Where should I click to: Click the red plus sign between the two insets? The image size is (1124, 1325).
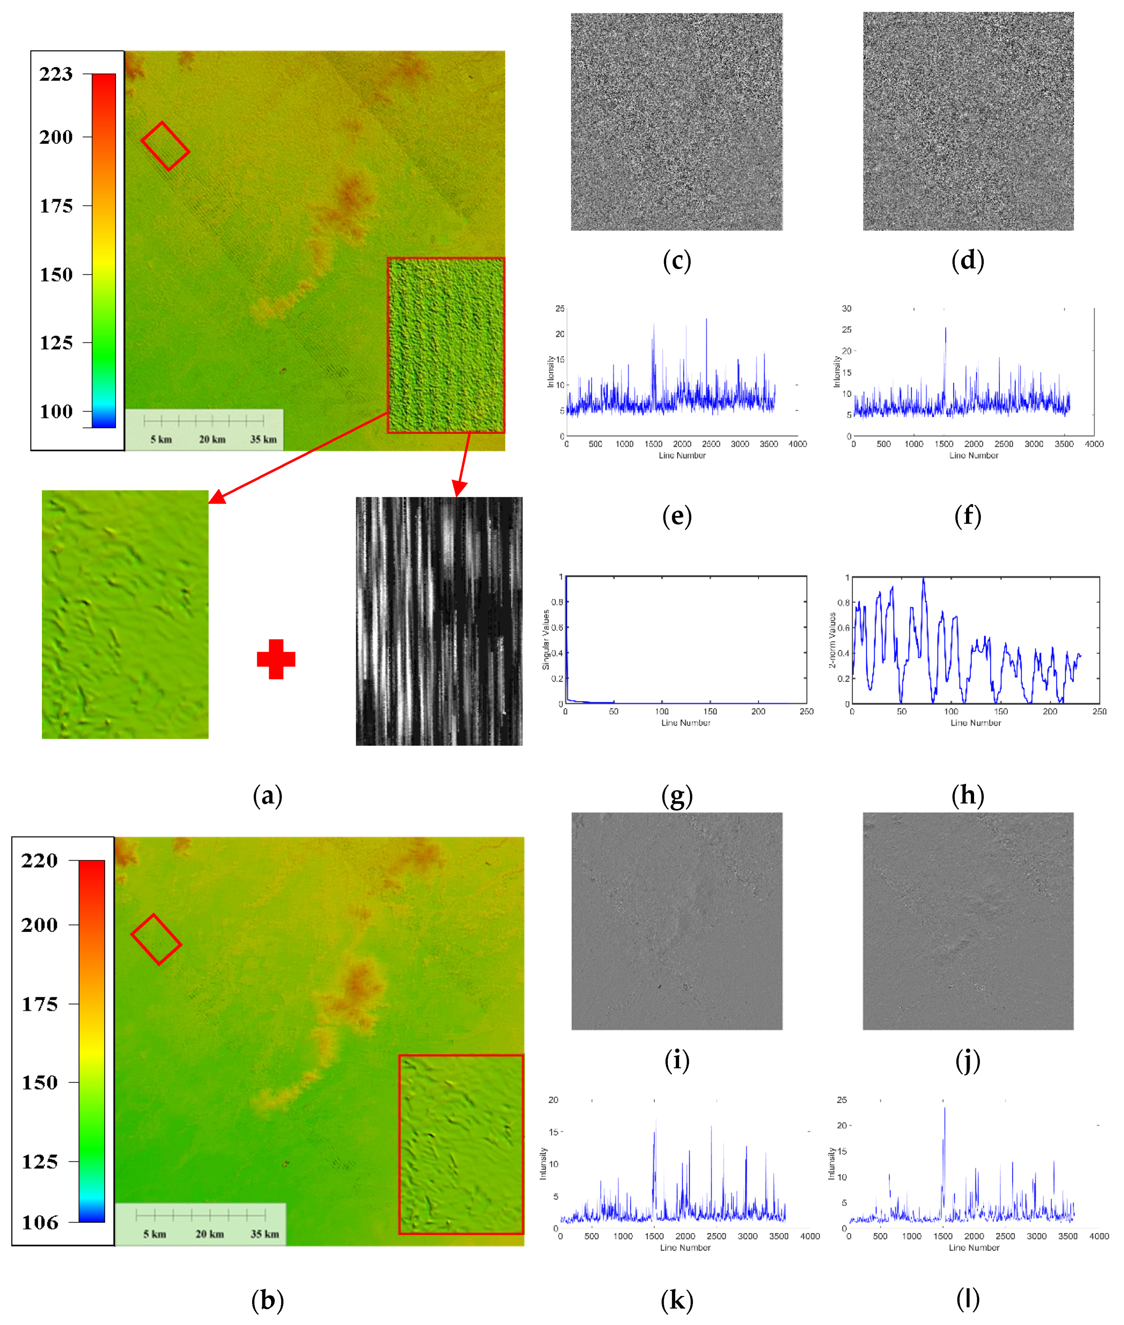pos(276,659)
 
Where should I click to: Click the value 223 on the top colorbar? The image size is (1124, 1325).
pos(56,74)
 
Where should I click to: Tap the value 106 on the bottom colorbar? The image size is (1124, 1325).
pos(39,1222)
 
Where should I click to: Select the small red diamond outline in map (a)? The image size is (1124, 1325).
pos(164,146)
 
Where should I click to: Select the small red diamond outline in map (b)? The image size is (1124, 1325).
pos(156,939)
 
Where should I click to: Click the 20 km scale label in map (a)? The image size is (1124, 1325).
pos(212,440)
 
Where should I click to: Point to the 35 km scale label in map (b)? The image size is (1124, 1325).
pos(264,1234)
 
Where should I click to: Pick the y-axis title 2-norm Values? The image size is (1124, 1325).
pos(832,640)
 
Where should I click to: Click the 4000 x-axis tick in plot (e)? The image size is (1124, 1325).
pos(797,444)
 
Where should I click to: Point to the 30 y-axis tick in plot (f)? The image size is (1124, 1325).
pos(846,308)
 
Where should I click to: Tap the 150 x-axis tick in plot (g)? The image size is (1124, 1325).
pos(710,712)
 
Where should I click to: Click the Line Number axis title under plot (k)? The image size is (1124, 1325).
pos(685,1247)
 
